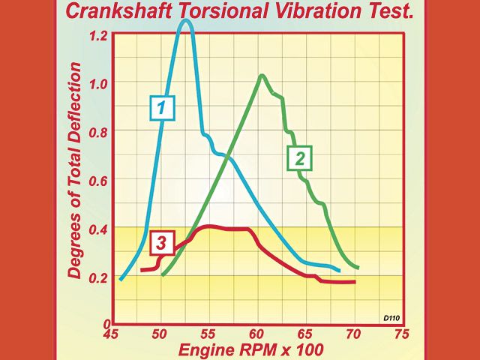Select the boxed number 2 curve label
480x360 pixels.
[298, 158]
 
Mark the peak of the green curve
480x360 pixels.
[262, 75]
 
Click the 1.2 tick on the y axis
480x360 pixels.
[99, 35]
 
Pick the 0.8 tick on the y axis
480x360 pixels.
[99, 132]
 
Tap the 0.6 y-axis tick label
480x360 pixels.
[99, 180]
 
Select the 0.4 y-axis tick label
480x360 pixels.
[99, 229]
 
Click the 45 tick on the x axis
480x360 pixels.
[112, 334]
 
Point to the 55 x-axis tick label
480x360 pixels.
[209, 334]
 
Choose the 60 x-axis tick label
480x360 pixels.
[257, 334]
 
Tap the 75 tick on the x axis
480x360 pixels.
[402, 334]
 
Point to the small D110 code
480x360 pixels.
[391, 319]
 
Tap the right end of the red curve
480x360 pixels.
[354, 282]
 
